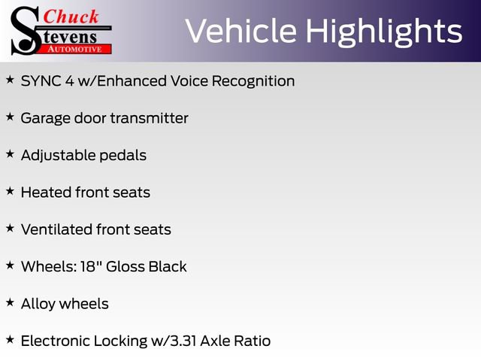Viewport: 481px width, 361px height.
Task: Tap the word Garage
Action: click(x=45, y=118)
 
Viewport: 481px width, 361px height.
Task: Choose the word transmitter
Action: click(x=149, y=118)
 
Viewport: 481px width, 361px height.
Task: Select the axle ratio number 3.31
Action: click(x=189, y=341)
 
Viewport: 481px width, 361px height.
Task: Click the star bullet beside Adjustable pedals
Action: click(x=10, y=154)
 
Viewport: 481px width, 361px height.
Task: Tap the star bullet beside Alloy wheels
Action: click(x=10, y=302)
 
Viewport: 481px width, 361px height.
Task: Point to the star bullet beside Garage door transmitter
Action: click(x=10, y=117)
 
